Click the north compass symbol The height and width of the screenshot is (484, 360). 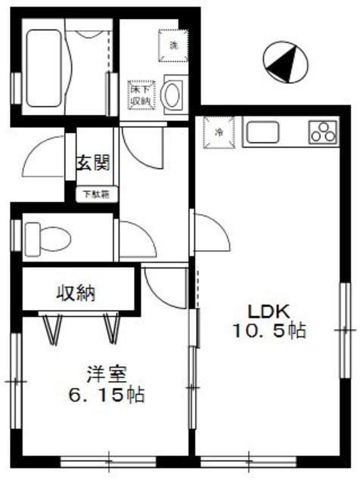click(x=284, y=62)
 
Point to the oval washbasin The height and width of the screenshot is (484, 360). click(x=173, y=96)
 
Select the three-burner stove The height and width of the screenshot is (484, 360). click(x=324, y=132)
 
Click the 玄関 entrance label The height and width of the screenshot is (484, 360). click(x=94, y=163)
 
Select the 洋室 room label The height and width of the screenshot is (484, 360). click(x=105, y=374)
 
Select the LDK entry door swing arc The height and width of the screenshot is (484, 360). click(x=213, y=234)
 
